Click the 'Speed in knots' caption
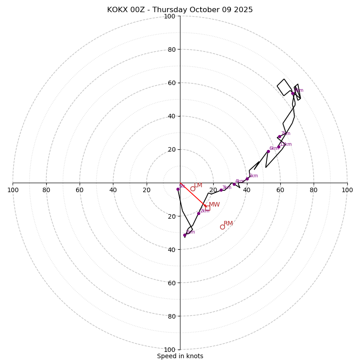(180, 356)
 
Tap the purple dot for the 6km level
(268, 151)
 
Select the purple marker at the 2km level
(198, 213)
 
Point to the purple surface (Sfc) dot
(178, 189)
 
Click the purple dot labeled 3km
(221, 190)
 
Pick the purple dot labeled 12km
(279, 147)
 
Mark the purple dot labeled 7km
(279, 136)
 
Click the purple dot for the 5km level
(247, 179)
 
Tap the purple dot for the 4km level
(234, 184)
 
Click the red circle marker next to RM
(222, 227)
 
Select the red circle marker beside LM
(193, 189)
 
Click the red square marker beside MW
(207, 207)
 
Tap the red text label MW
(214, 205)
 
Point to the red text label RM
(228, 224)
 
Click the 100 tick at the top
(170, 17)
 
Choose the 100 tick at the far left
(13, 190)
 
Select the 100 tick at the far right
(347, 190)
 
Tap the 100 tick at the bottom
(170, 350)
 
